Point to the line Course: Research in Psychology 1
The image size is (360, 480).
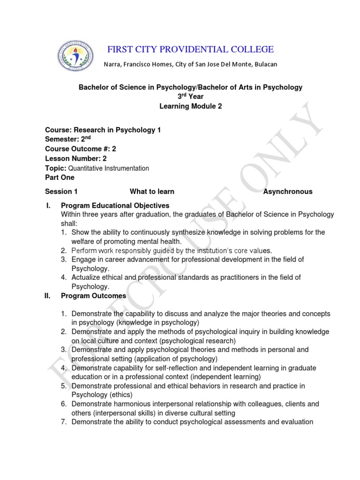[x=103, y=130]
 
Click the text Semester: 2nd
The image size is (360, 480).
[x=70, y=139]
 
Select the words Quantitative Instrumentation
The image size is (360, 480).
[x=109, y=168]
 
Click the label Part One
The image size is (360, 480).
[x=60, y=178]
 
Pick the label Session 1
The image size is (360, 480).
[x=61, y=191]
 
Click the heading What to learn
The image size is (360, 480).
[x=152, y=191]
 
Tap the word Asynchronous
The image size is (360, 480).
[x=288, y=191]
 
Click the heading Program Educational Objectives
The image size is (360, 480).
[x=115, y=205]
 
